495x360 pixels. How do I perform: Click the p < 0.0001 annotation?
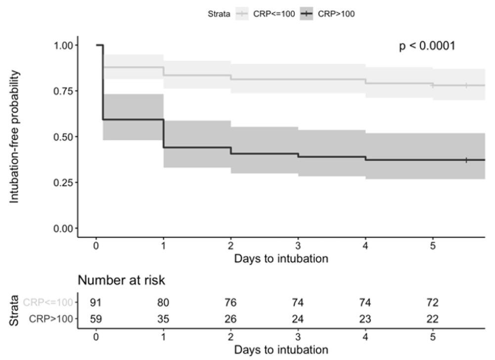coord(427,46)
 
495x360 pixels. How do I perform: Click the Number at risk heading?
coord(121,280)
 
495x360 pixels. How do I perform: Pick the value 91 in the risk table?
coord(96,303)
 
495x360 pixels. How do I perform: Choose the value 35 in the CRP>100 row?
coord(163,319)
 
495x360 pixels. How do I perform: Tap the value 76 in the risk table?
coord(231,303)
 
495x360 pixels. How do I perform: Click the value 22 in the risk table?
coord(433,319)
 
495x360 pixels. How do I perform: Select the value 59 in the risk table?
coord(96,319)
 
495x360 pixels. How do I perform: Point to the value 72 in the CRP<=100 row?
coord(433,303)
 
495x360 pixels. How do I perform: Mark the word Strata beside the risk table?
coord(15,310)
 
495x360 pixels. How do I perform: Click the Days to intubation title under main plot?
coord(280,258)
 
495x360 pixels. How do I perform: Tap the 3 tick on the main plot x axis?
coord(298,246)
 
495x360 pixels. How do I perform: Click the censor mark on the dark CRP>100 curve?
coord(466,160)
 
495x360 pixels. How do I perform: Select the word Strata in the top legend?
coord(219,14)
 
